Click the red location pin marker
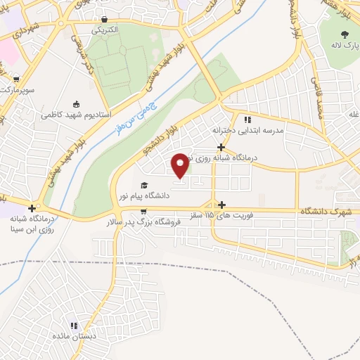pos(180,165)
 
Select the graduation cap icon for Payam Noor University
pos(143,185)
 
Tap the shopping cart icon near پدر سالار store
pos(143,210)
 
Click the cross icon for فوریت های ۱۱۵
pos(221,204)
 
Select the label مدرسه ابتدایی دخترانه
pos(247,131)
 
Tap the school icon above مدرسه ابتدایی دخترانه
pos(247,120)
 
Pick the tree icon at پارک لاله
pos(344,34)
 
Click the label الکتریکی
pos(105,30)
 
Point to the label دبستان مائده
pos(75,337)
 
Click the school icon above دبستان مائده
pos(74,326)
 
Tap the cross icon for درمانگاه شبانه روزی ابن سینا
pos(32,208)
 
